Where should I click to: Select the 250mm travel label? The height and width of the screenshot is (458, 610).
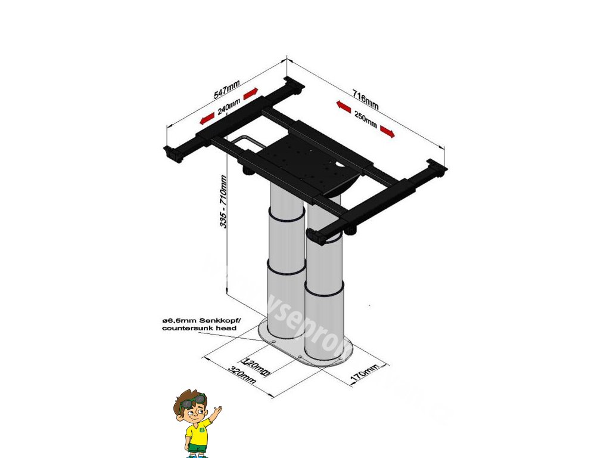(365, 119)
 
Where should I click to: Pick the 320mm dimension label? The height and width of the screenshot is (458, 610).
(242, 376)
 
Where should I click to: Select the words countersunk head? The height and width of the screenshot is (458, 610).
(199, 329)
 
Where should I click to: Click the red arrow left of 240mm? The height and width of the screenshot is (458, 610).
(207, 119)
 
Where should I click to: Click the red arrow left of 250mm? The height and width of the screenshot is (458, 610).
(342, 106)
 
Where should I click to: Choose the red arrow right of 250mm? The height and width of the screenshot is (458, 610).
(387, 131)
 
